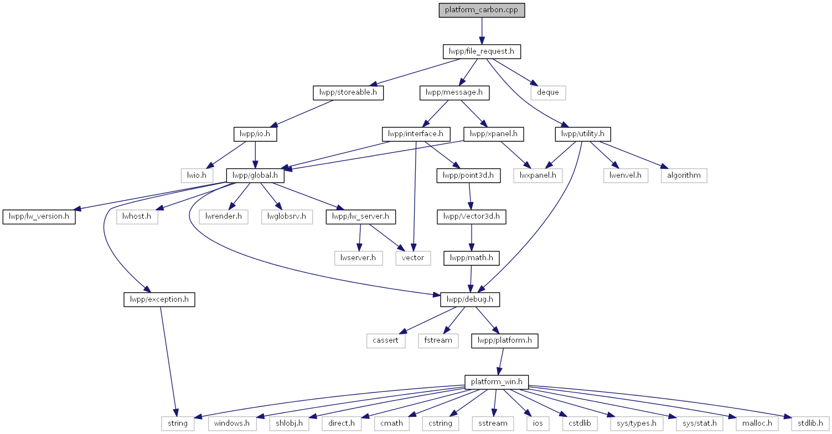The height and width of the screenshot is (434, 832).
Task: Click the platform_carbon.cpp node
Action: (x=482, y=10)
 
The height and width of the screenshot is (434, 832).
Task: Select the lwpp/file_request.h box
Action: (x=482, y=51)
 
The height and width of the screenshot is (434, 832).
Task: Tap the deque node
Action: (x=548, y=92)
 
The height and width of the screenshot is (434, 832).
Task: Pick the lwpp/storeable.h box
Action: (x=348, y=92)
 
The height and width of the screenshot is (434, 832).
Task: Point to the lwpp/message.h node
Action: (x=454, y=92)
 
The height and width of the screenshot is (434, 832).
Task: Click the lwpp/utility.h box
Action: (x=583, y=134)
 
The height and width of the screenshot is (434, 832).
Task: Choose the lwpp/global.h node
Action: (x=255, y=175)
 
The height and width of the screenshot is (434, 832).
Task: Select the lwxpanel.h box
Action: (x=538, y=175)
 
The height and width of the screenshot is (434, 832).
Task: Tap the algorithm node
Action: (x=684, y=175)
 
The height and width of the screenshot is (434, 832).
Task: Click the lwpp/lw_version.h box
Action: (x=39, y=216)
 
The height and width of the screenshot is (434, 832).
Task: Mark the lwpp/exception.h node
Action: (x=159, y=299)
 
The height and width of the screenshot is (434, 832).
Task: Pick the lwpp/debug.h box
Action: (x=470, y=299)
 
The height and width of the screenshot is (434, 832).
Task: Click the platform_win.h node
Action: (x=497, y=382)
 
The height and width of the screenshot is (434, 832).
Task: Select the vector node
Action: (x=413, y=259)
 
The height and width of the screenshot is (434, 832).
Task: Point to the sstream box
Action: (x=493, y=423)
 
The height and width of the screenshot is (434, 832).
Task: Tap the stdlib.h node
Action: (x=810, y=423)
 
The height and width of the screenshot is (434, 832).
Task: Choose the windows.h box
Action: (x=232, y=423)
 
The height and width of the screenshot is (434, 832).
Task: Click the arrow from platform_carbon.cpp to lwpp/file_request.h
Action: (x=482, y=31)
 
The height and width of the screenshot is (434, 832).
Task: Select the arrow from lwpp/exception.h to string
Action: (x=168, y=361)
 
